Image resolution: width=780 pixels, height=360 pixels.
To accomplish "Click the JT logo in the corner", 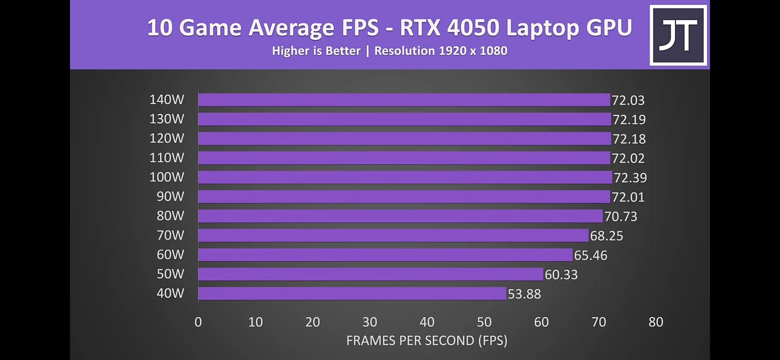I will pyautogui.click(x=678, y=35).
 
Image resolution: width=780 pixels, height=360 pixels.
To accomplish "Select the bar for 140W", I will pyautogui.click(x=404, y=100).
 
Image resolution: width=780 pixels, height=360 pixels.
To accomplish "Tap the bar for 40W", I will pyautogui.click(x=352, y=294).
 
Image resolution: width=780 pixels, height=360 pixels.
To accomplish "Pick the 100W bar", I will pyautogui.click(x=405, y=177).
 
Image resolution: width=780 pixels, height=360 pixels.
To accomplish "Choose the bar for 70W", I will pyautogui.click(x=393, y=235).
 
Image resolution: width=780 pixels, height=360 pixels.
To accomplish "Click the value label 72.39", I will pyautogui.click(x=630, y=178).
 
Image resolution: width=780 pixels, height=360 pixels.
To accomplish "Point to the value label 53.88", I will pyautogui.click(x=524, y=294).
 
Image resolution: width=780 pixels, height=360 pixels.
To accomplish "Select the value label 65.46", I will pyautogui.click(x=590, y=255).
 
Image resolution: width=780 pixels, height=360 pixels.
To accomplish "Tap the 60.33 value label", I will pyautogui.click(x=561, y=275).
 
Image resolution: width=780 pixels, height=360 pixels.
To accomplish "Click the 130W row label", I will pyautogui.click(x=167, y=119).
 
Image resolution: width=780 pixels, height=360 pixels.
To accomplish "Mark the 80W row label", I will pyautogui.click(x=170, y=216).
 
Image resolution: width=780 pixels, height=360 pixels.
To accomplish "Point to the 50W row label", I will pyautogui.click(x=170, y=274).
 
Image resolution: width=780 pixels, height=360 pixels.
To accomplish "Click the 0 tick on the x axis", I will pyautogui.click(x=198, y=322).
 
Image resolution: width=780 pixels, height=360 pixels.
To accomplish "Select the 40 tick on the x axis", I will pyautogui.click(x=427, y=322).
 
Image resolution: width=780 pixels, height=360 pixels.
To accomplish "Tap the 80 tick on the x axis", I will pyautogui.click(x=656, y=322).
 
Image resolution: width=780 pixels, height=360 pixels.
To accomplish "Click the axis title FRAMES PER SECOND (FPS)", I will pyautogui.click(x=427, y=341).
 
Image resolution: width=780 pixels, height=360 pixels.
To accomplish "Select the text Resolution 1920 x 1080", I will pyautogui.click(x=441, y=51).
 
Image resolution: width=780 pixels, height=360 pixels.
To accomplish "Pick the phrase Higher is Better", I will pyautogui.click(x=316, y=51).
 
